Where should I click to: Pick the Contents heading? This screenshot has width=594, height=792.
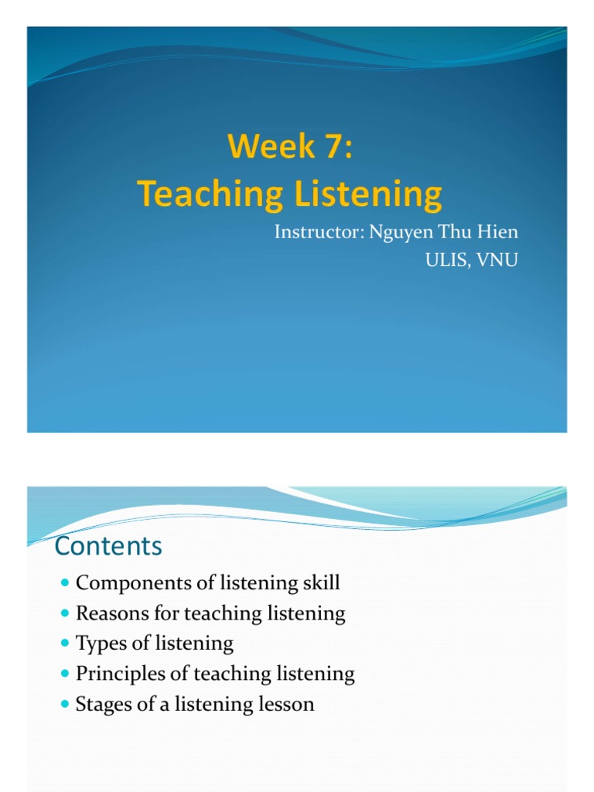[x=108, y=547]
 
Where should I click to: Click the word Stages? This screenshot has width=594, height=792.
[x=101, y=704]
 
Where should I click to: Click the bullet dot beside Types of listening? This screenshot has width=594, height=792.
[x=64, y=643]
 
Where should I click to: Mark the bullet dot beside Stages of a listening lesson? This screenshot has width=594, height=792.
[x=64, y=705]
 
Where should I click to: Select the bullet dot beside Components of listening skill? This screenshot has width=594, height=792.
[x=64, y=583]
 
